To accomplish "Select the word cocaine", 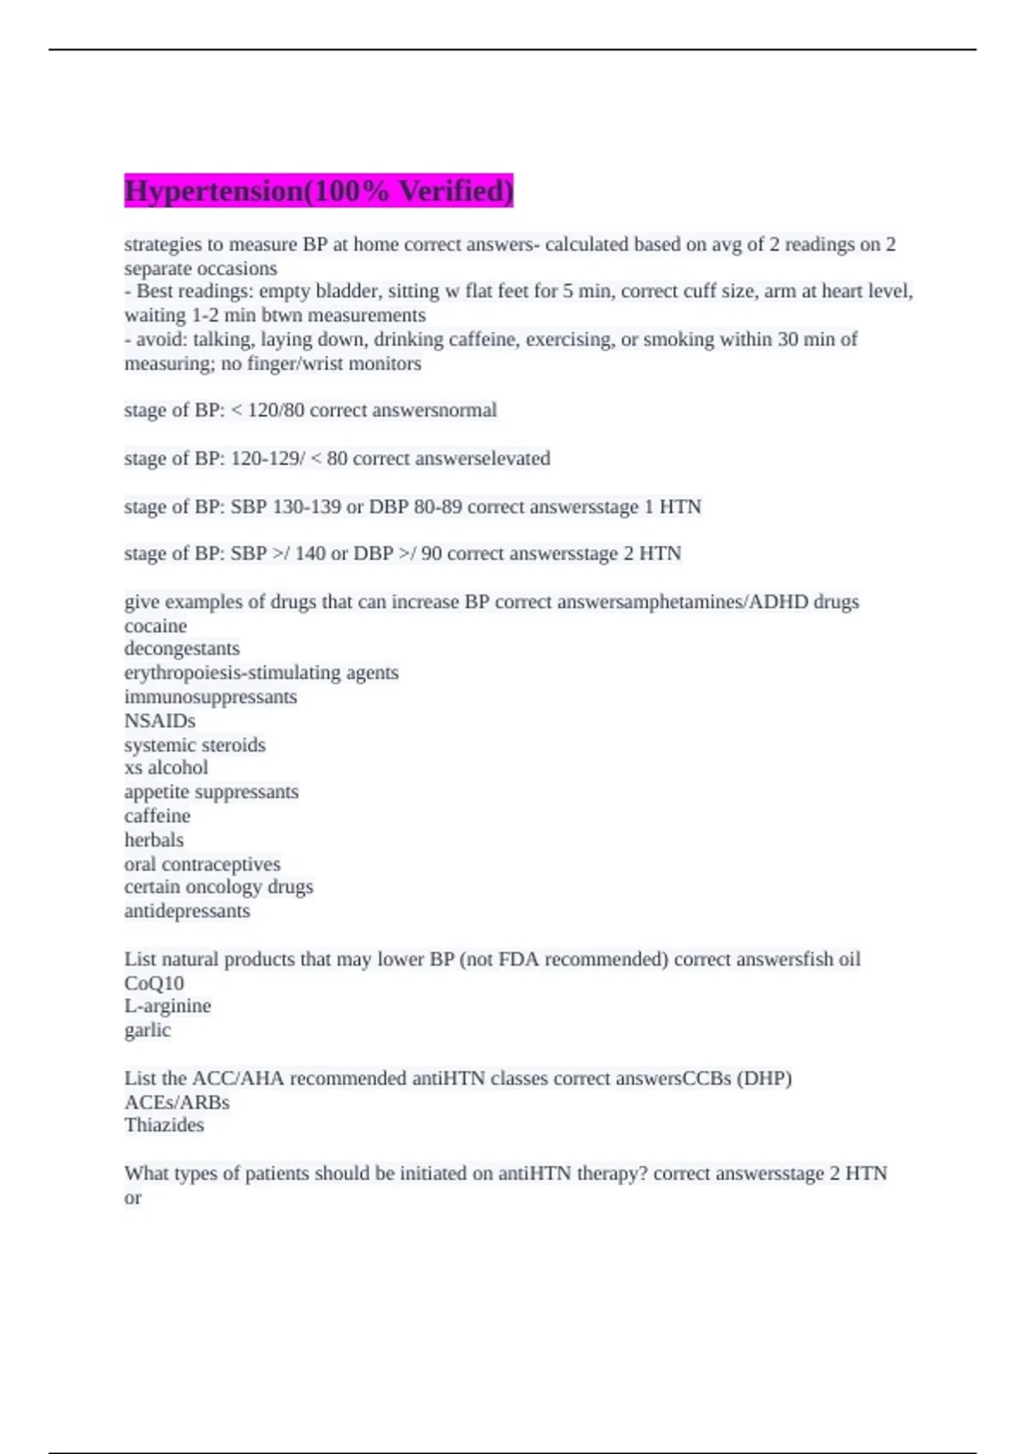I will click(156, 626).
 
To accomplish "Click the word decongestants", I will click(182, 649).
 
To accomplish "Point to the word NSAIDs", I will click(160, 721).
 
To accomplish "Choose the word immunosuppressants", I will click(210, 697).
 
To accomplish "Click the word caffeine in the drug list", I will click(157, 816).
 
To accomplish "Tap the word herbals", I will click(154, 840).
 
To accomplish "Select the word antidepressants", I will click(187, 911).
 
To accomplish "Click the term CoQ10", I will click(154, 984).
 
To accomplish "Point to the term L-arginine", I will click(168, 1006).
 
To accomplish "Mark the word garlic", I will click(147, 1030).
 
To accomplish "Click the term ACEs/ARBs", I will click(177, 1102).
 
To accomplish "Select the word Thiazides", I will click(164, 1125).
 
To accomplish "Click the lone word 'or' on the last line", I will click(133, 1197).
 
